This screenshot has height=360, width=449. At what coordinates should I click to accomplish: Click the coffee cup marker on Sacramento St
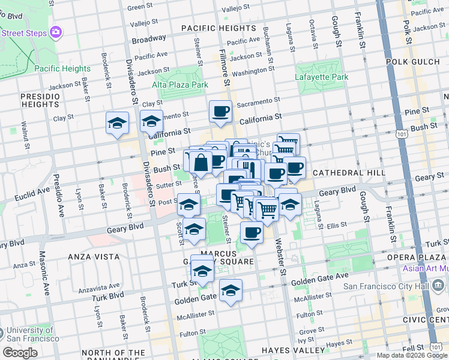pos(220,111)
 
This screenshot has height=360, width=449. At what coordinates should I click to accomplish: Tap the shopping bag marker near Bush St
pos(201,162)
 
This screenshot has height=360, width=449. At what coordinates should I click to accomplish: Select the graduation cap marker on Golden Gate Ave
pos(231,291)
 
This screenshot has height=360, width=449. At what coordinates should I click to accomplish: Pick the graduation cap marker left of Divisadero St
pos(117,124)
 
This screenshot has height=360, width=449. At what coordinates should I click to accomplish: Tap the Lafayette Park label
pos(322,77)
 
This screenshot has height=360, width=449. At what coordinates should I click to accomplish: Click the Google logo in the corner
pos(20,353)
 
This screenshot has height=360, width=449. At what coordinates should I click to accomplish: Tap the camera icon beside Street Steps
pos(56,32)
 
